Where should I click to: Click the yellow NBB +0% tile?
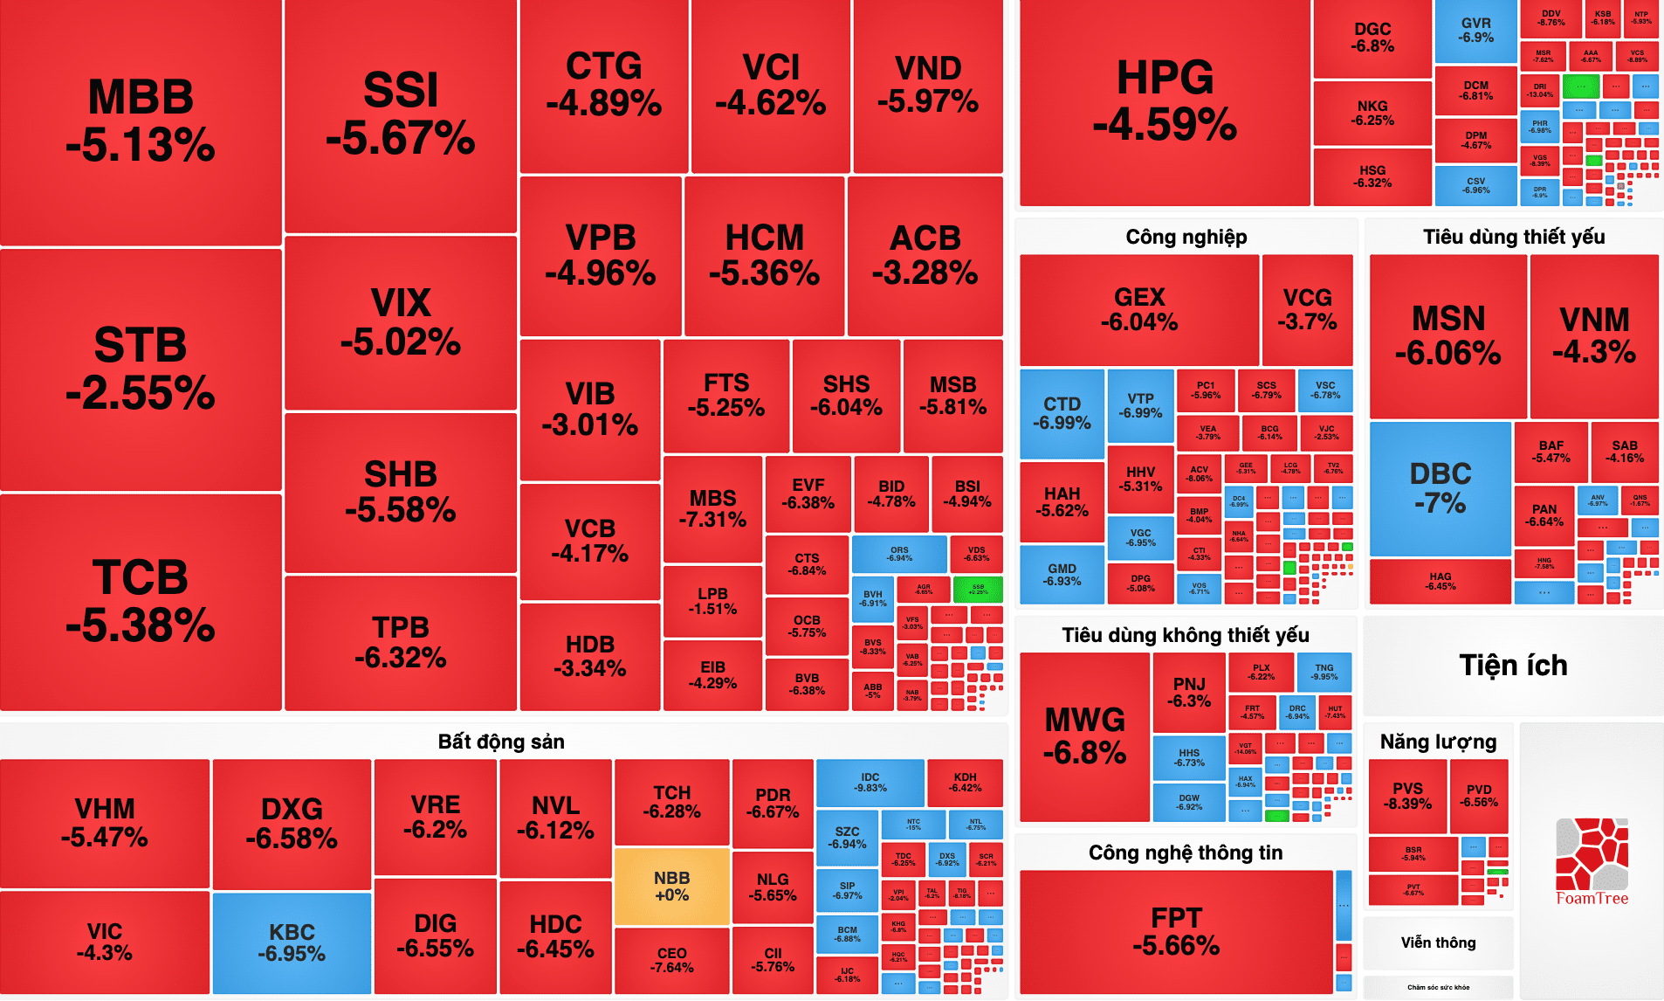click(x=671, y=886)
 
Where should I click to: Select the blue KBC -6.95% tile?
click(x=292, y=942)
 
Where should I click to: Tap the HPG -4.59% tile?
click(x=1165, y=100)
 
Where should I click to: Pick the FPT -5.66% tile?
click(x=1176, y=930)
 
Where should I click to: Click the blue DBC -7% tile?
click(x=1441, y=487)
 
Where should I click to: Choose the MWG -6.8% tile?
click(x=1085, y=735)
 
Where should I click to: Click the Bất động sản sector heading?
click(x=501, y=742)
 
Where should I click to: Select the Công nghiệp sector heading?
click(x=1186, y=237)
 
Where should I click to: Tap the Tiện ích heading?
click(x=1513, y=666)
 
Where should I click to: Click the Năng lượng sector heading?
click(x=1438, y=742)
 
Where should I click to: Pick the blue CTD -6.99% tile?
click(x=1062, y=413)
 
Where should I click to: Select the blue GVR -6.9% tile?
click(x=1475, y=31)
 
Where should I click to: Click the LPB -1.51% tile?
click(x=712, y=601)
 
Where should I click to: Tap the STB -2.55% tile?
click(x=141, y=369)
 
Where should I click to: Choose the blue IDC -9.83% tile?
click(x=870, y=782)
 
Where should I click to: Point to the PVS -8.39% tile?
click(x=1407, y=796)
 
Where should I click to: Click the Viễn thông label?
click(x=1438, y=942)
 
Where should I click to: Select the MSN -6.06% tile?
click(x=1448, y=335)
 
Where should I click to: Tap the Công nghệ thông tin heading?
click(x=1186, y=853)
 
